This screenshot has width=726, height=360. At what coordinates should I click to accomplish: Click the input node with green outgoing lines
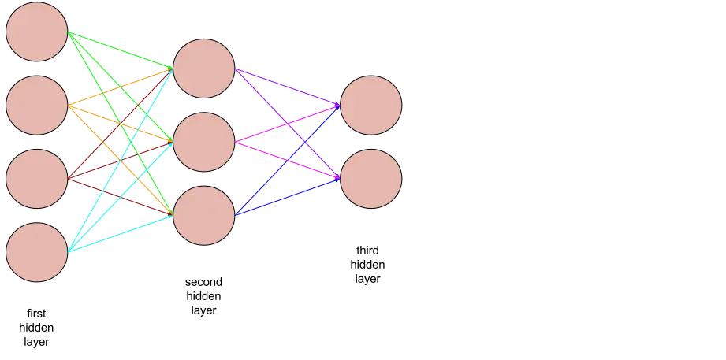37,32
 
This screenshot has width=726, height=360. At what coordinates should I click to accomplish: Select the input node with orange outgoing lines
37,105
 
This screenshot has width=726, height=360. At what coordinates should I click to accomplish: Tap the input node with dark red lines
37,179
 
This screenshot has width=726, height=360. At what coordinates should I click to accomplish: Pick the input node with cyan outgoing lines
37,252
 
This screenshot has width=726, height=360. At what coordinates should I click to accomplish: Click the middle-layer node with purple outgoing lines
203,69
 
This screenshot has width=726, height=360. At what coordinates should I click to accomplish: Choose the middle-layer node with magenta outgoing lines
203,142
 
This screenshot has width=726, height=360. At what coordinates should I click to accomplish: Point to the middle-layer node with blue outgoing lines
203,215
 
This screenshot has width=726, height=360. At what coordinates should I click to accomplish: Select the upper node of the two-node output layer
370,105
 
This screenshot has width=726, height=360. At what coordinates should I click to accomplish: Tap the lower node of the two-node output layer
370,179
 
